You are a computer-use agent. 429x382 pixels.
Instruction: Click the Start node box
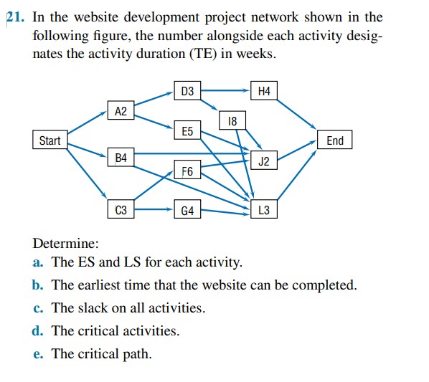tap(49, 140)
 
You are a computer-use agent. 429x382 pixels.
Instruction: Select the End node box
tap(335, 140)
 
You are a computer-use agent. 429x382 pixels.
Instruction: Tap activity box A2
tap(121, 110)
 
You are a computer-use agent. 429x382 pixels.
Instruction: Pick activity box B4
tap(121, 157)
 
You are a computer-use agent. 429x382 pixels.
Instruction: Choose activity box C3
tap(121, 210)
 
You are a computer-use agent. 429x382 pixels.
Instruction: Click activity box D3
tap(187, 91)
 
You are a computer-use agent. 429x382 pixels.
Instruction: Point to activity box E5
tap(187, 131)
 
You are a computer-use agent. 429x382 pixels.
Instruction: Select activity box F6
tap(187, 171)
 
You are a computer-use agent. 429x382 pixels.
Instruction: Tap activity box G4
tap(187, 211)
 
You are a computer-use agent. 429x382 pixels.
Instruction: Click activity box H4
tap(263, 91)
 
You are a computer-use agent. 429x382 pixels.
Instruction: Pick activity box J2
tap(263, 161)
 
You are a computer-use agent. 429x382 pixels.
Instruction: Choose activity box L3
tap(263, 211)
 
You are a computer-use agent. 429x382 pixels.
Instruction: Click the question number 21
tap(16, 17)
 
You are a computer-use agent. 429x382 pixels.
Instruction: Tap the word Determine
tap(61, 244)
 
